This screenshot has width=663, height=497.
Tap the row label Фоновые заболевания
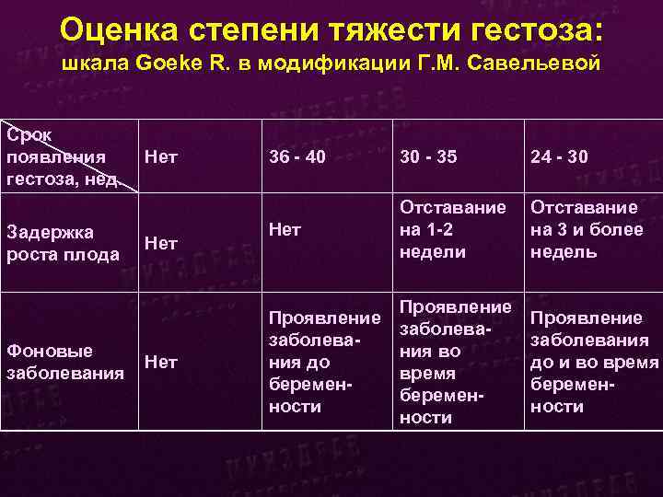(x=64, y=362)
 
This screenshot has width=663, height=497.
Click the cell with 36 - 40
(x=297, y=157)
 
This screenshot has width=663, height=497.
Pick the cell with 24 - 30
(x=559, y=157)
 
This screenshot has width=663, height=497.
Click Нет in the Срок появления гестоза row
(x=162, y=157)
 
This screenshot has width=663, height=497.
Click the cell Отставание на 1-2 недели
(x=451, y=229)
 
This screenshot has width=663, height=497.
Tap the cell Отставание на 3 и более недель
(x=587, y=229)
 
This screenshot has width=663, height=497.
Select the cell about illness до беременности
(x=322, y=362)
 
